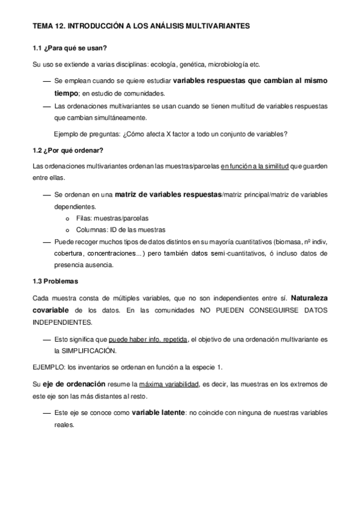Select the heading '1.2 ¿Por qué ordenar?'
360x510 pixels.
(67, 150)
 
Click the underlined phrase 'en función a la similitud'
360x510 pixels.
(255, 166)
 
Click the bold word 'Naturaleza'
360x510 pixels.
(309, 298)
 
